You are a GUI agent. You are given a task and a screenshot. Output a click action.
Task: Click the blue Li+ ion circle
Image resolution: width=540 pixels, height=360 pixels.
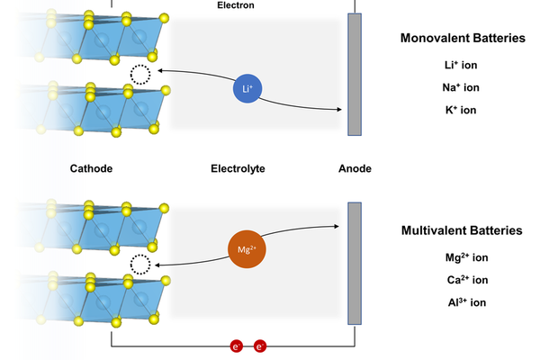(247, 88)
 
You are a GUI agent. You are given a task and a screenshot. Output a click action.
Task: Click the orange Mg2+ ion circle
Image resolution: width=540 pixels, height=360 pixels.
(247, 249)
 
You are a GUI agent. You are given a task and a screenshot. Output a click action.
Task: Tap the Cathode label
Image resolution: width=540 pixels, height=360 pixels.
(91, 168)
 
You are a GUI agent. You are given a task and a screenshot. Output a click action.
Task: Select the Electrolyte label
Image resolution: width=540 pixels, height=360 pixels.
(238, 168)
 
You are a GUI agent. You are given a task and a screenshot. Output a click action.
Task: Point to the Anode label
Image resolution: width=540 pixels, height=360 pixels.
(355, 168)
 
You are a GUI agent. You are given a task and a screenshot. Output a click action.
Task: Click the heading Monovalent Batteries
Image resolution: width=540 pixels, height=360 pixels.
(463, 38)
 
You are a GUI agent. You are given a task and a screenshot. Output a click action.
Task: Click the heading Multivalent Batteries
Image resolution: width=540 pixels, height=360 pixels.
(462, 230)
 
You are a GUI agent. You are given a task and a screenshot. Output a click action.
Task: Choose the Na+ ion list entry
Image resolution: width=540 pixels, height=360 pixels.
(461, 87)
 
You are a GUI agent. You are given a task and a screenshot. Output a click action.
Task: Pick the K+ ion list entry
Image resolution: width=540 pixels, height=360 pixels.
(461, 110)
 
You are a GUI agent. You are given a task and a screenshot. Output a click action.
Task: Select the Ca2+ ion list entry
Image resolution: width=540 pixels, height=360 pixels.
(467, 280)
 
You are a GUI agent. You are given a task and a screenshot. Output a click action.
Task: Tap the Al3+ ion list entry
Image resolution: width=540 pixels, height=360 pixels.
(467, 302)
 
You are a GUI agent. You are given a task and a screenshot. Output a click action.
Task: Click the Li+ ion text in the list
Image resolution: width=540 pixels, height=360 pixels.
(461, 65)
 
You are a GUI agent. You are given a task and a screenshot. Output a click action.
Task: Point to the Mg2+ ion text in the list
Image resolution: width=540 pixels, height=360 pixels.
(466, 257)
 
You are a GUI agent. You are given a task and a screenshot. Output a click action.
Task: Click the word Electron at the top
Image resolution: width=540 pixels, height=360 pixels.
(236, 5)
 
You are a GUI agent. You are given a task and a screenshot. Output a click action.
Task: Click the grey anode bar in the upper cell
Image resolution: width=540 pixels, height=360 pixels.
(355, 75)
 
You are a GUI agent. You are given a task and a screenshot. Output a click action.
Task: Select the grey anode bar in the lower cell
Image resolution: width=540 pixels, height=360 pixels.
(355, 264)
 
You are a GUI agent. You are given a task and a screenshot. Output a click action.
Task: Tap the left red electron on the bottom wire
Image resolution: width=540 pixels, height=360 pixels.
(237, 346)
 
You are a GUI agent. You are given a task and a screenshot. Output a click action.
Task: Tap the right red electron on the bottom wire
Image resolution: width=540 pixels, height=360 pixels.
(260, 346)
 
